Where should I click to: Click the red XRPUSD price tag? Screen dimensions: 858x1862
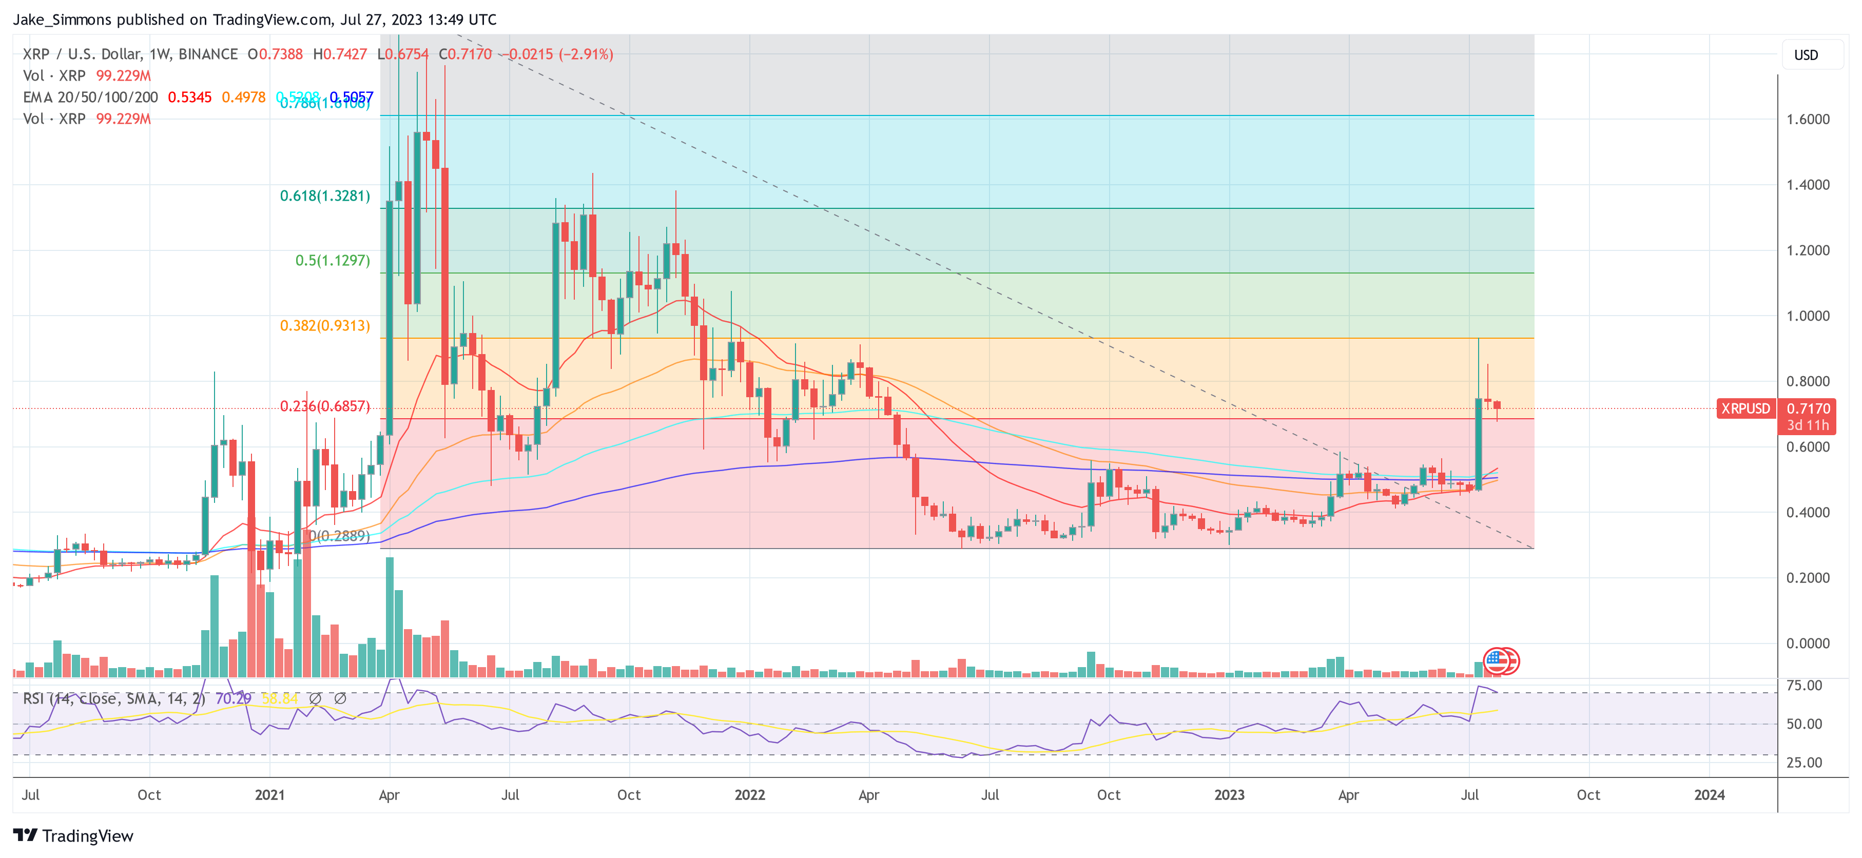pos(1745,408)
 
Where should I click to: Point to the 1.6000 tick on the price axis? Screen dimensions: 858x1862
pos(1808,119)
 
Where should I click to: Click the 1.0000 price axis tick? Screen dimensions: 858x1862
pos(1808,316)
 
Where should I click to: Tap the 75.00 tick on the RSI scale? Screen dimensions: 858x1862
pos(1803,685)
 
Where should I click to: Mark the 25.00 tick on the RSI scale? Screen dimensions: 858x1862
pos(1803,762)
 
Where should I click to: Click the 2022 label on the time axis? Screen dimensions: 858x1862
pos(749,795)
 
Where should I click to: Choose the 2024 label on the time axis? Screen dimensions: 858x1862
pos(1709,795)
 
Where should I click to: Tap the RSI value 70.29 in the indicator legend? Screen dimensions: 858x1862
pos(233,699)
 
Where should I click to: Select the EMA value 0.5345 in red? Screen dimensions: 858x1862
pos(189,97)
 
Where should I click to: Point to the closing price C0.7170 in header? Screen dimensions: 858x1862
pos(465,54)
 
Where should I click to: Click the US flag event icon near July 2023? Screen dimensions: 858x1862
pos(1495,660)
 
